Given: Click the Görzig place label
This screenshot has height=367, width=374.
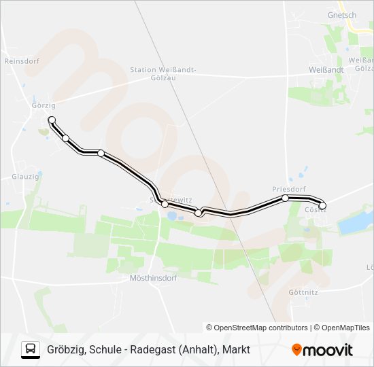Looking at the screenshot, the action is tap(43, 105).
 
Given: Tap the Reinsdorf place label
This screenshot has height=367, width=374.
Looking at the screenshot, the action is tap(22, 60).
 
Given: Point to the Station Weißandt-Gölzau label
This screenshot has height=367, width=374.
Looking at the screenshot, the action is tap(163, 73).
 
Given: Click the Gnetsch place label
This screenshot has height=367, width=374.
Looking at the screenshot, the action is tap(341, 15).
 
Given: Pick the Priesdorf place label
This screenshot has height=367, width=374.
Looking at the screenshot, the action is tap(289, 189).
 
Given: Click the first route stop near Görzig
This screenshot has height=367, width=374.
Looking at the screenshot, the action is tap(52, 120).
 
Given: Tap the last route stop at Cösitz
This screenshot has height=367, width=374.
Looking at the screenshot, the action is tap(322, 205).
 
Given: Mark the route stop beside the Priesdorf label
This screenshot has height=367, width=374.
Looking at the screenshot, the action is tap(286, 198).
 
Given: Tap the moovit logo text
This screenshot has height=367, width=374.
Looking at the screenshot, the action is tap(328, 350).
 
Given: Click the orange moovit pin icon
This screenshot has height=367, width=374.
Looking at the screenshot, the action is tap(296, 350).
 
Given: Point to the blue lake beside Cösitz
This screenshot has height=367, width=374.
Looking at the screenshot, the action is tap(354, 222).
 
